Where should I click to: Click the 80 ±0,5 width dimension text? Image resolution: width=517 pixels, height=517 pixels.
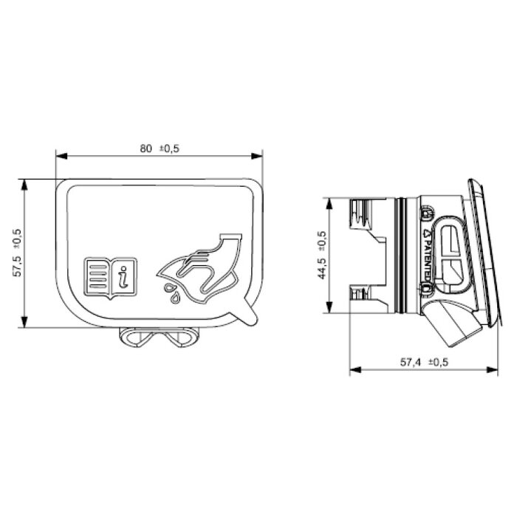tap(160, 148)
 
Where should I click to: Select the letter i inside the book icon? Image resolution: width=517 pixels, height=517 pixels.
tap(125, 278)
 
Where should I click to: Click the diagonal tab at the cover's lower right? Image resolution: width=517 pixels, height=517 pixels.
tap(247, 317)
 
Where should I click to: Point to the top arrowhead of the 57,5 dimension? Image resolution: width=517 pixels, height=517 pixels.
tap(25, 182)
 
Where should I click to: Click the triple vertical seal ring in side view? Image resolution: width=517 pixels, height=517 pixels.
tap(400, 254)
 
